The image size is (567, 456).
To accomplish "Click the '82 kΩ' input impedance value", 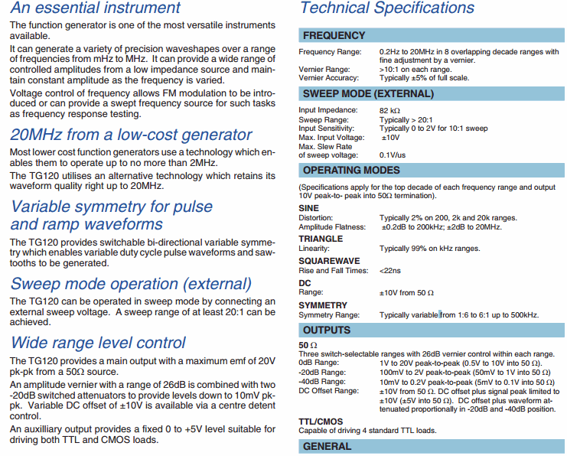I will (390, 110).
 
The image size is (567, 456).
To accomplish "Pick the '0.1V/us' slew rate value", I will (393, 155).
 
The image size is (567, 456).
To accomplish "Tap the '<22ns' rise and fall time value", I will (389, 271).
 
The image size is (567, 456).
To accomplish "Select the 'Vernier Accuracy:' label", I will (329, 78).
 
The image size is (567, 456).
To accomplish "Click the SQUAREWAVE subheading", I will (329, 261).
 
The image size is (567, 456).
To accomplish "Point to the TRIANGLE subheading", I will (321, 239).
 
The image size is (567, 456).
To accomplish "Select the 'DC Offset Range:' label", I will (329, 391).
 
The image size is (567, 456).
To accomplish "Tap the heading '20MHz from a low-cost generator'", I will (131, 135).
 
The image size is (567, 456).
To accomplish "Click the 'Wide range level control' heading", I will (98, 342).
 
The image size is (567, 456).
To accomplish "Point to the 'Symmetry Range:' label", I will (329, 315).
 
